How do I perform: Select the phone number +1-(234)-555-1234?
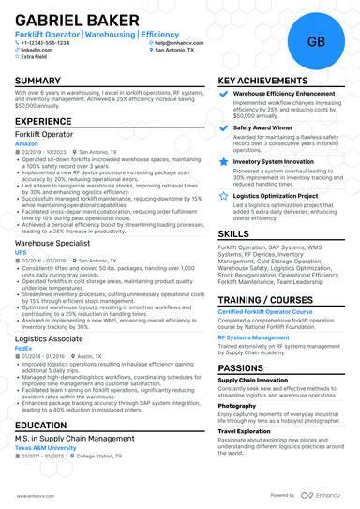pyautogui.click(x=52, y=42)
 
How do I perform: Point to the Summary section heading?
pyautogui.click(x=38, y=81)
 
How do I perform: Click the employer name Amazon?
pyautogui.click(x=27, y=142)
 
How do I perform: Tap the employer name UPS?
pyautogui.click(x=21, y=252)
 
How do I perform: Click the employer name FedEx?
pyautogui.click(x=23, y=347)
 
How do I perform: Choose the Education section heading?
pyautogui.click(x=41, y=425)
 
